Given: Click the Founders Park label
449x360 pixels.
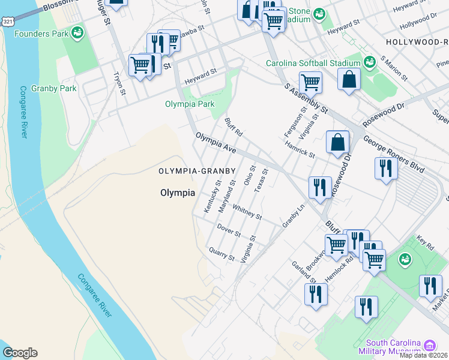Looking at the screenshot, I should tap(43, 34).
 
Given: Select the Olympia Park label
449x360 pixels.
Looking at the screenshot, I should tap(190, 104).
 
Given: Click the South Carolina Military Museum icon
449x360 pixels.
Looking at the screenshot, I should tap(430, 346).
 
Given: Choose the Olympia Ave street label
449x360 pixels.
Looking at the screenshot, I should tap(215, 142).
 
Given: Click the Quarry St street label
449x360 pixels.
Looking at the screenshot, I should tap(221, 254).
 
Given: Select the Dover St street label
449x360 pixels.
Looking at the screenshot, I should tap(229, 229).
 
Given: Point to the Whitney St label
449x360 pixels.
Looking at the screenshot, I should tap(247, 212).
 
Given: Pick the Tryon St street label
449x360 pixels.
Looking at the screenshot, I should tap(119, 84).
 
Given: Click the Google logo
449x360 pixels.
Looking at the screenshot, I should tap(20, 353).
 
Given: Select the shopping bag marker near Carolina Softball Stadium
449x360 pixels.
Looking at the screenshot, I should tap(349, 80).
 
